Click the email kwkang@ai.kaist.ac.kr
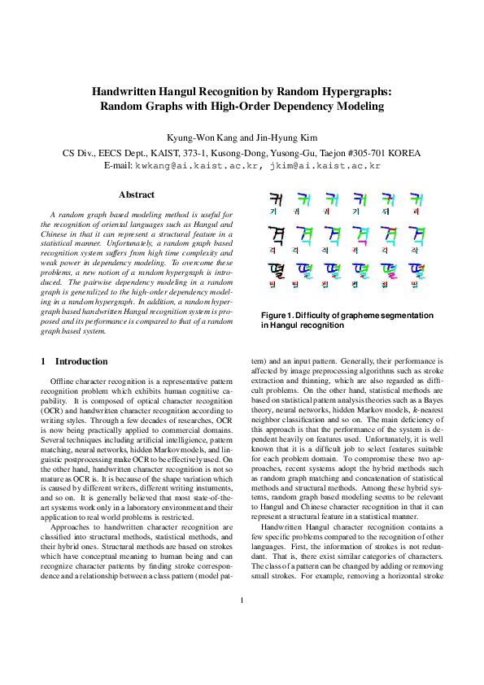(198, 165)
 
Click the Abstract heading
(137, 195)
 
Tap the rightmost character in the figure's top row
(416, 199)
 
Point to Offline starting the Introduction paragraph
(64, 381)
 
